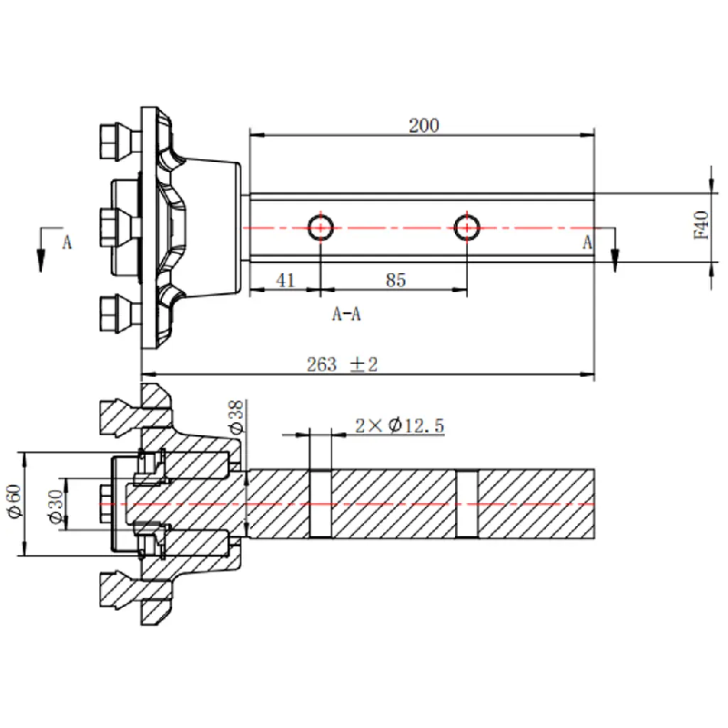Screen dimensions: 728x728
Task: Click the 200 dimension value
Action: pyautogui.click(x=423, y=126)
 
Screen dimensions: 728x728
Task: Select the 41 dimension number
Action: pyautogui.click(x=285, y=280)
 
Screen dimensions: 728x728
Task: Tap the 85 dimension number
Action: pyautogui.click(x=395, y=280)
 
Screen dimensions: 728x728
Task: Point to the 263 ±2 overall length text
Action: pyautogui.click(x=342, y=364)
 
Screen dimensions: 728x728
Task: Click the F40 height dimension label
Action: pyautogui.click(x=701, y=225)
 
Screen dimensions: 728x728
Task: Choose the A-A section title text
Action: pyautogui.click(x=347, y=315)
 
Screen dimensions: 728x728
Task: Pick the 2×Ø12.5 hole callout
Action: pyautogui.click(x=399, y=425)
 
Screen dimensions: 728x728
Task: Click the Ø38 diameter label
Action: pyautogui.click(x=235, y=417)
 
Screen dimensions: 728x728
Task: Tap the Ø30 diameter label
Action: pyautogui.click(x=55, y=506)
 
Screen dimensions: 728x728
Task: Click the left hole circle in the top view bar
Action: pyautogui.click(x=321, y=227)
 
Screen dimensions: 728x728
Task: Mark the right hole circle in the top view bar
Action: pyautogui.click(x=467, y=227)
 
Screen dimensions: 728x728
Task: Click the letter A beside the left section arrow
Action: pyautogui.click(x=66, y=243)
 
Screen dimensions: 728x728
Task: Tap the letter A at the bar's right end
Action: pyautogui.click(x=588, y=242)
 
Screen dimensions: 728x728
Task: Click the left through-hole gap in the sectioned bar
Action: pyautogui.click(x=321, y=502)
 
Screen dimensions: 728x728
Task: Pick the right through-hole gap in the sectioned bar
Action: pyautogui.click(x=467, y=502)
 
